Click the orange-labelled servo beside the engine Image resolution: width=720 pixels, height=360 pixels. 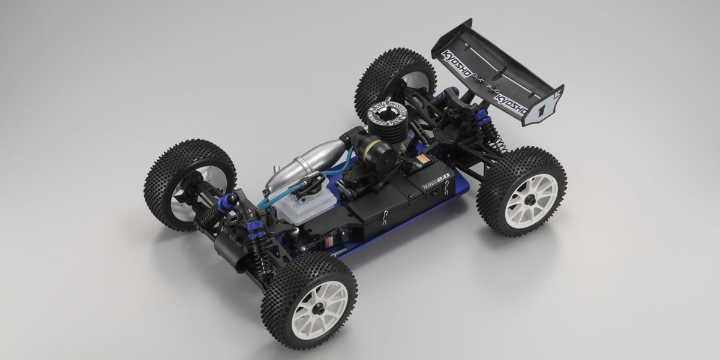(x=420, y=163)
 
